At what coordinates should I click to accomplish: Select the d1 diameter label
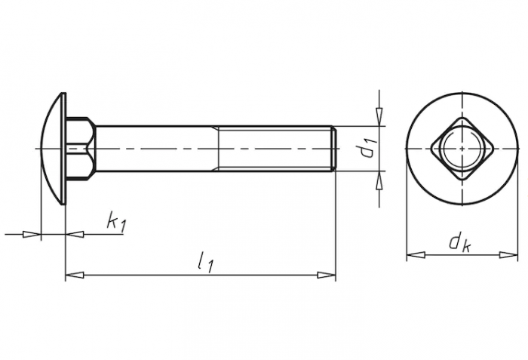coord(367,149)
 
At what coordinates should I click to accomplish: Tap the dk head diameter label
coord(459,242)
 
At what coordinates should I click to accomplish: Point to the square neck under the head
coord(81,149)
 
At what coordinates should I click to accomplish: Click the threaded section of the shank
coord(275,149)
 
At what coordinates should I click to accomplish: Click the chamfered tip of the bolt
coord(333,149)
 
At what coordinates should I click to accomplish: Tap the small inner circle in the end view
coord(462,149)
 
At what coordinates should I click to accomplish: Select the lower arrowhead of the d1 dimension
coord(379,180)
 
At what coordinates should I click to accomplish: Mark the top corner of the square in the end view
coord(462,117)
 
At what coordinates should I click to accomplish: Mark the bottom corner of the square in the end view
coord(462,181)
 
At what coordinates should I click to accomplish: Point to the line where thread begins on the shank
coord(219,149)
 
